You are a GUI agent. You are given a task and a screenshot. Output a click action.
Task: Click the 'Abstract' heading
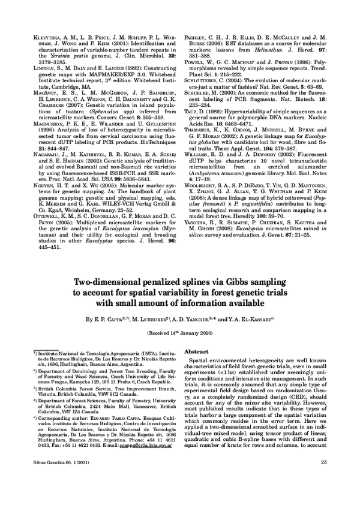click(196, 351)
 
